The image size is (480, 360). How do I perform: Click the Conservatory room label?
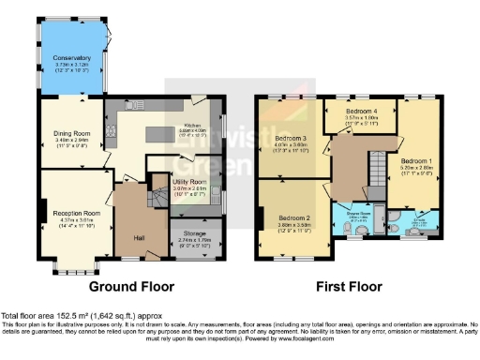[71, 58]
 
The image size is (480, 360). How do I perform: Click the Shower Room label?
[361, 215]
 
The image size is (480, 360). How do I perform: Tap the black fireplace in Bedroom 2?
[259, 217]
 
